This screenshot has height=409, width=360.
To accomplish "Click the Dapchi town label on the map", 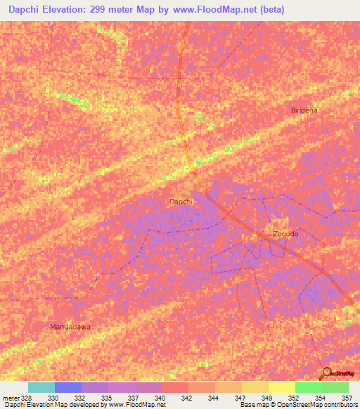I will point(181,202).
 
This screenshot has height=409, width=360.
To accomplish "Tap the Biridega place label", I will point(304,110).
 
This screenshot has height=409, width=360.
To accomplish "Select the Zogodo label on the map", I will point(286,234).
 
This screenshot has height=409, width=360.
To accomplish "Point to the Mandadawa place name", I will point(70,327).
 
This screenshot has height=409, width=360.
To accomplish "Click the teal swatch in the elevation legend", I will point(41,387).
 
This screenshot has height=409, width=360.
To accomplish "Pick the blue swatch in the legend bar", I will point(68,387).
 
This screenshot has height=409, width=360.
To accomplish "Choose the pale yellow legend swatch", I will point(282,387).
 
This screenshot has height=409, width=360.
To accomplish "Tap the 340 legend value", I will point(160,398).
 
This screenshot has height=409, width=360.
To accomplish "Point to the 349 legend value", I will point(267,398).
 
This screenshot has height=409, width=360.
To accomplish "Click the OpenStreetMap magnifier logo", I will point(326,372).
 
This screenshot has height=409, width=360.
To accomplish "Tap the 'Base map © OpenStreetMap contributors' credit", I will point(297,405).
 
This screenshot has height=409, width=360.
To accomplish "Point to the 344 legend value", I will point(214,398).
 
